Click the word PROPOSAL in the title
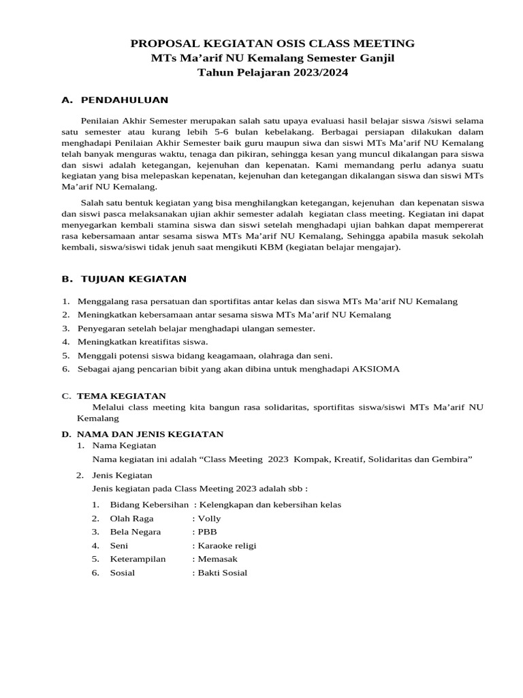[170, 44]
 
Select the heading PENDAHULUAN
[124, 100]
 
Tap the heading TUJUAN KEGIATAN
[133, 279]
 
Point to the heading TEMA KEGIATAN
[121, 395]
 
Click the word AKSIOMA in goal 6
[375, 369]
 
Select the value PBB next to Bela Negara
[207, 532]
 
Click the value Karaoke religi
[227, 545]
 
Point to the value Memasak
[216, 559]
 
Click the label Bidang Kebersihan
[149, 504]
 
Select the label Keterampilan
[138, 559]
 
